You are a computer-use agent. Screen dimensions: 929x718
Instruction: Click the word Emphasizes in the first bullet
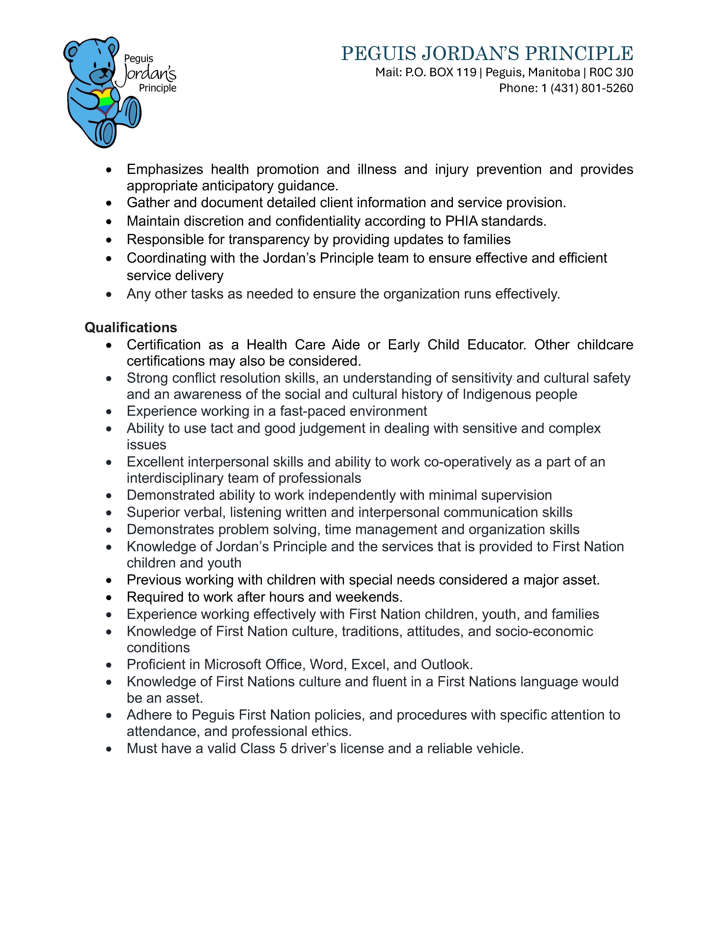click(165, 169)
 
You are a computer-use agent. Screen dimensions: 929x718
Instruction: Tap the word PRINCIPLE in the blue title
click(579, 54)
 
